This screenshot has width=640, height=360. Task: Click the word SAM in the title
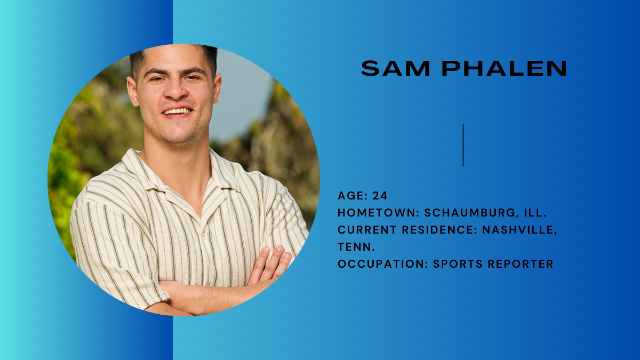pyautogui.click(x=395, y=68)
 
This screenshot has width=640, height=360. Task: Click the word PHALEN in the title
pyautogui.click(x=505, y=68)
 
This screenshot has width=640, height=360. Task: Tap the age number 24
pyautogui.click(x=380, y=196)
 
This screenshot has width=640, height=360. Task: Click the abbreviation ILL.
pyautogui.click(x=535, y=213)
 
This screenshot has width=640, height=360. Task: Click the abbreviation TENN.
pyautogui.click(x=356, y=247)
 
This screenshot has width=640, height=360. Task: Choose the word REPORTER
pyautogui.click(x=521, y=263)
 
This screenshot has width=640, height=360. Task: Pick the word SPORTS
pyautogui.click(x=458, y=263)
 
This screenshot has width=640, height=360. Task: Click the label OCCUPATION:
pyautogui.click(x=383, y=263)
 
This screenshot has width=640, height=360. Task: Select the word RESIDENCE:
pyautogui.click(x=440, y=230)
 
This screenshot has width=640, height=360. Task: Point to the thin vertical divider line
pyautogui.click(x=463, y=145)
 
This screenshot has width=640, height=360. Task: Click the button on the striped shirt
pyautogui.click(x=204, y=237)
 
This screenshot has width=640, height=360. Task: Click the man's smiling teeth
pyautogui.click(x=177, y=111)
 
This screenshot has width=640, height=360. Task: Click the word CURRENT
pyautogui.click(x=367, y=230)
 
